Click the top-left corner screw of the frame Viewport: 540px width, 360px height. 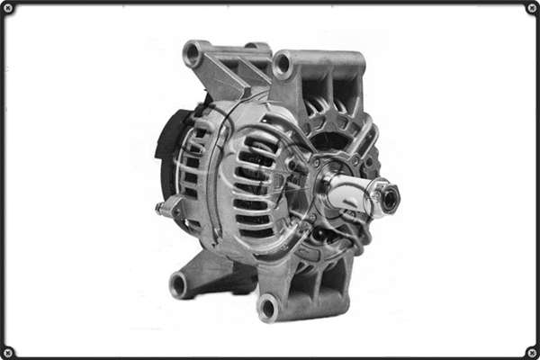[8, 8]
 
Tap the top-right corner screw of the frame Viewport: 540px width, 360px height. [531, 8]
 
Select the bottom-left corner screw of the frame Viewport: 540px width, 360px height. [8, 351]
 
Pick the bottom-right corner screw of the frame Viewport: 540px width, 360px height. [531, 351]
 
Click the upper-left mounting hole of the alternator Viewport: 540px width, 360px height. [193, 54]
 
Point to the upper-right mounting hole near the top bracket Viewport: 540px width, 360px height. [283, 65]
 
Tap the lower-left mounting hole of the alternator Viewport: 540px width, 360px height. [178, 285]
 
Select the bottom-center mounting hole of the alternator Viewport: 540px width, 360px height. [267, 308]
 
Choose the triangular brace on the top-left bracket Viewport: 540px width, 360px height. [229, 72]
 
